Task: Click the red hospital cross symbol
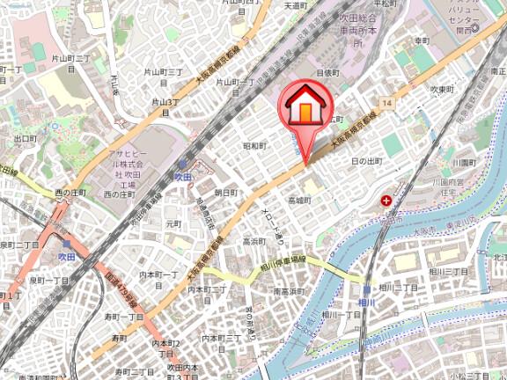[386, 201]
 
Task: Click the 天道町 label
[294, 5]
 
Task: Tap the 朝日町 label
[226, 192]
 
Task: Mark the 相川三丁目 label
[457, 273]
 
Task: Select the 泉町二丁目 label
[17, 245]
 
